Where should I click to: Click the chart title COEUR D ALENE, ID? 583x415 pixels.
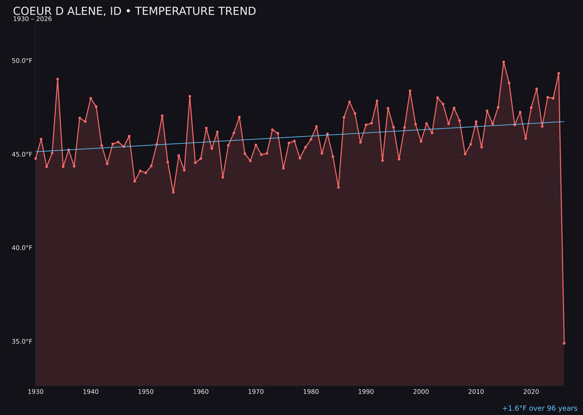[x=134, y=11]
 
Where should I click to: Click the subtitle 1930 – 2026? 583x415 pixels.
[x=32, y=19]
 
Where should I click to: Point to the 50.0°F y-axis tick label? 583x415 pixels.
[x=22, y=61]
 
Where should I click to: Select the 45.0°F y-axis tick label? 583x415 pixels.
[x=22, y=154]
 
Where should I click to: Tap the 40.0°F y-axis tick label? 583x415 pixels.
[x=22, y=248]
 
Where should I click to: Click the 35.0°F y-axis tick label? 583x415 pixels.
[x=22, y=342]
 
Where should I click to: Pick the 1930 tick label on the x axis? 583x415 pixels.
[x=36, y=392]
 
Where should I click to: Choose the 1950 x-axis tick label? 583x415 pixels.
[x=146, y=392]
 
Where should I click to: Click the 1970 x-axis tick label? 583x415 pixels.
[x=256, y=392]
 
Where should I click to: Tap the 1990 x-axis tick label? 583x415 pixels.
[x=366, y=392]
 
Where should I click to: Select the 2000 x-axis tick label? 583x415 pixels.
[x=421, y=392]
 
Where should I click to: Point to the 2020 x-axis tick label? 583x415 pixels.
[x=531, y=392]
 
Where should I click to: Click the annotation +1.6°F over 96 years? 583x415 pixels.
[x=539, y=409]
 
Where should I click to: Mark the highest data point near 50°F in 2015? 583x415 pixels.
[x=504, y=62]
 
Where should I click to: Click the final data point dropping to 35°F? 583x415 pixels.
[x=564, y=343]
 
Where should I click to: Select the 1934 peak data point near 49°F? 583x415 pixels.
[x=58, y=79]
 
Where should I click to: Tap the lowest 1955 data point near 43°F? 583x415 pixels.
[x=173, y=192]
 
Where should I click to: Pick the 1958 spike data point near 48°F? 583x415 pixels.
[x=189, y=96]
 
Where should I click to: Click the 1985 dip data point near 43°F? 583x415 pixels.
[x=338, y=187]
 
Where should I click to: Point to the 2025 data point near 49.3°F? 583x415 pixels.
[x=559, y=73]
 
